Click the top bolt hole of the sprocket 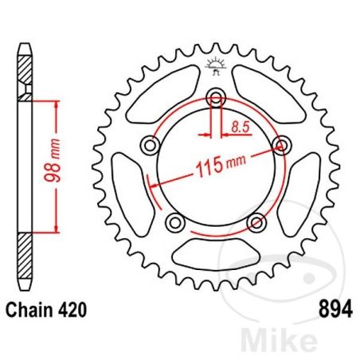click(215, 98)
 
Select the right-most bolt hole click(280, 143)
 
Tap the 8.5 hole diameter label click(237, 124)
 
